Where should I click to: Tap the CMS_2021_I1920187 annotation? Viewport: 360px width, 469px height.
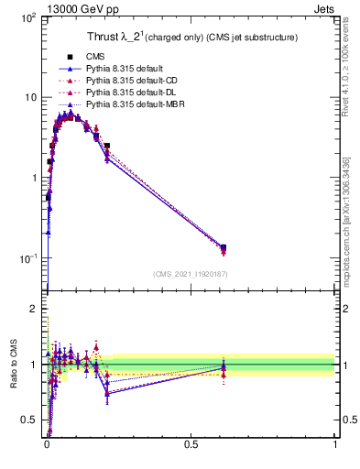tap(191, 274)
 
